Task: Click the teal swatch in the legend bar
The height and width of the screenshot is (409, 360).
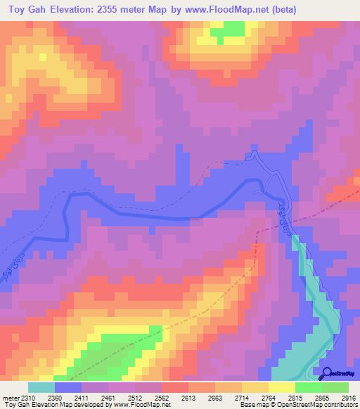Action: coord(41,388)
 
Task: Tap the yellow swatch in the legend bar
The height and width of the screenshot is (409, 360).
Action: coord(281,388)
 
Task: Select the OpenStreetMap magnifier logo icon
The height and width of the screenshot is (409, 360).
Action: coord(328,373)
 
